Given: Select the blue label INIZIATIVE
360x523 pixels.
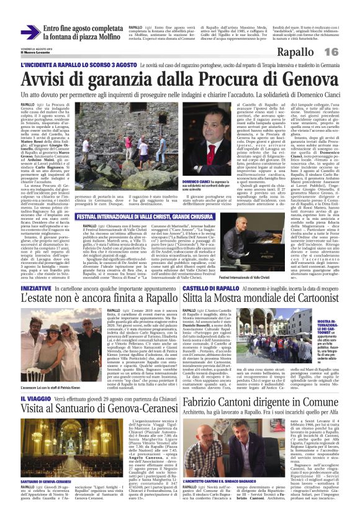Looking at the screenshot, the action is pos(35,289).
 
